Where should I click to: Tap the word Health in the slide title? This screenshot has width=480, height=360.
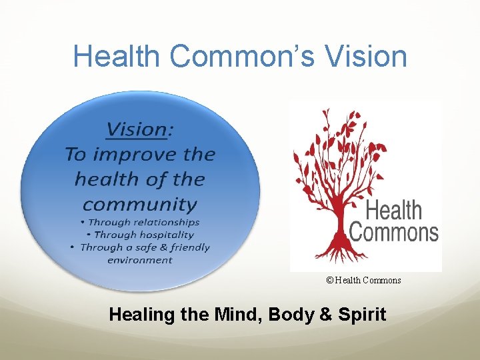117,56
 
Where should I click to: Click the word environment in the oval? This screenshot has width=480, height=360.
139,259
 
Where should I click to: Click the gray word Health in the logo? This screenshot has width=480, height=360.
394,211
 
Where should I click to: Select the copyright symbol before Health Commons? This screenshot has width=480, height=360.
329,280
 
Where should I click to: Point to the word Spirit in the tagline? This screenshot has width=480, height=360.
364,314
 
